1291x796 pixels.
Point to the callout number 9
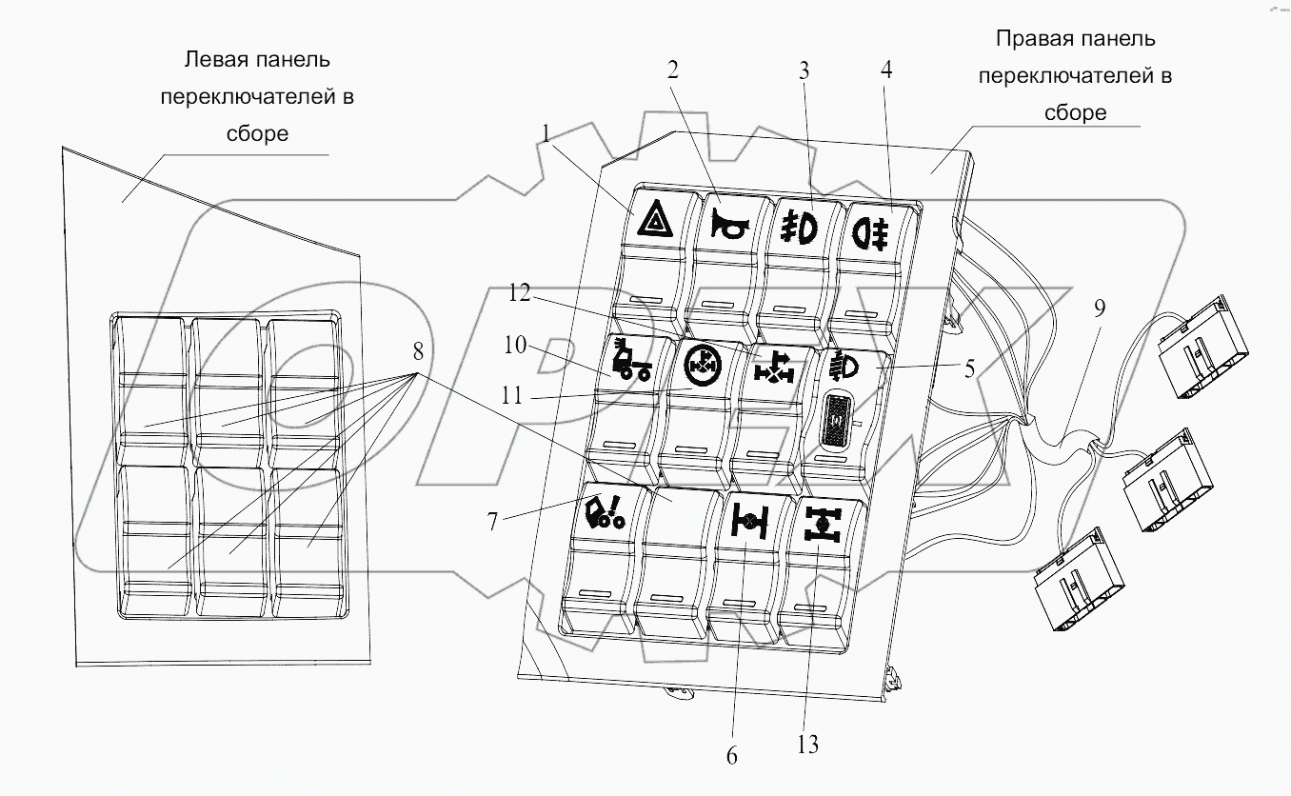point(1100,308)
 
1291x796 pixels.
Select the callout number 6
point(731,757)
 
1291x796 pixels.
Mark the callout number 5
point(969,369)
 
